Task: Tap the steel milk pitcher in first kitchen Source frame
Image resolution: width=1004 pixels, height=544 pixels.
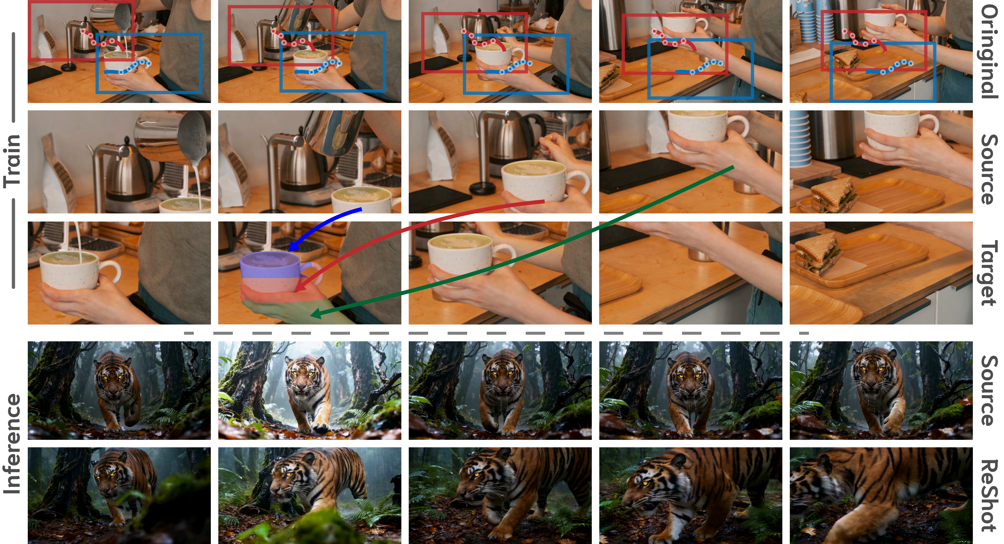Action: pyautogui.click(x=171, y=134)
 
